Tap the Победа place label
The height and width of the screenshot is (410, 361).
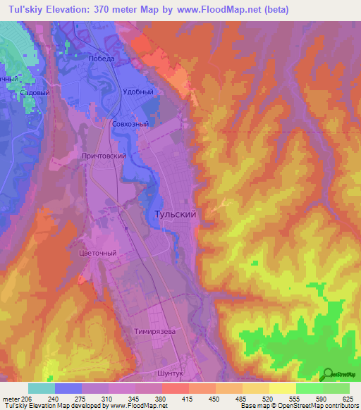tap(102, 59)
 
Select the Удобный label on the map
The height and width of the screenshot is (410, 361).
tap(137, 92)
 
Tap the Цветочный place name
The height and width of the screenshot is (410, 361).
tap(95, 252)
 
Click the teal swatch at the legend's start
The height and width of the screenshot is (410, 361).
tap(42, 388)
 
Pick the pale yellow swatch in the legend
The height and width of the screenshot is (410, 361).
tap(283, 388)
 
